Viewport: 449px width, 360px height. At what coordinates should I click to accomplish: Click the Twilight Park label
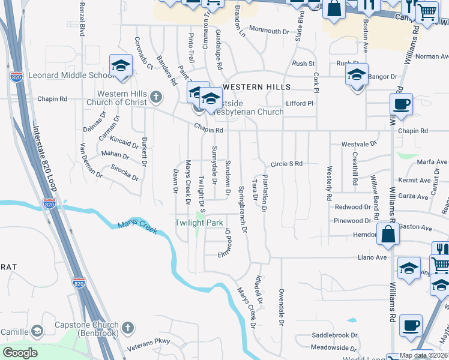[199, 223]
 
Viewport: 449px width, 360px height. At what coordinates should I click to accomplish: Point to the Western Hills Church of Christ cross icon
[156, 97]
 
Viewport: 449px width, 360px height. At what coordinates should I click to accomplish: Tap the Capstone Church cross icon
[127, 328]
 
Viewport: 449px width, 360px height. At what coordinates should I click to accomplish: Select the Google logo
[20, 352]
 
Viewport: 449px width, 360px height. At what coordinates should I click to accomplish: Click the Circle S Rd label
[286, 163]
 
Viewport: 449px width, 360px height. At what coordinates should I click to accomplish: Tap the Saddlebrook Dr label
[334, 335]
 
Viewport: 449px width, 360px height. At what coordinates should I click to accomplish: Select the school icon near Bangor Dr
[357, 76]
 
